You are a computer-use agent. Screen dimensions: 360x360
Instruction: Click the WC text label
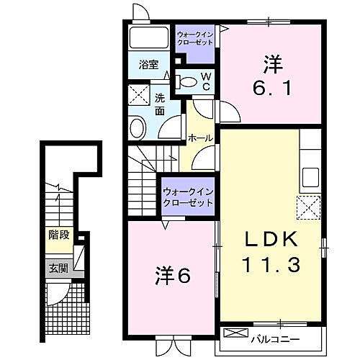pyautogui.click(x=205, y=81)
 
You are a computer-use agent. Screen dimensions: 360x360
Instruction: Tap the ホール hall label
pyautogui.click(x=199, y=137)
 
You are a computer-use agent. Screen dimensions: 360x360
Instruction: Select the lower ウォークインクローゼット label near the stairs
pyautogui.click(x=188, y=197)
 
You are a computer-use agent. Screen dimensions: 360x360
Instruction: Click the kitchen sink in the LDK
pyautogui.click(x=311, y=176)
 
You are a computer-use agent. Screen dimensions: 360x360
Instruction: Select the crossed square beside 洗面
pyautogui.click(x=138, y=95)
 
